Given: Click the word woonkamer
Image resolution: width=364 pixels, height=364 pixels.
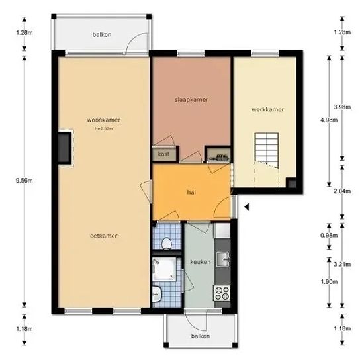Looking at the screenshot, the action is click(x=103, y=120).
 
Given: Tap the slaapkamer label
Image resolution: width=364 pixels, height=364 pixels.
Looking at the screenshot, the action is click(x=191, y=99).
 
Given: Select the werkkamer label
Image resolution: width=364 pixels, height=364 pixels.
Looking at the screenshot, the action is click(x=267, y=109).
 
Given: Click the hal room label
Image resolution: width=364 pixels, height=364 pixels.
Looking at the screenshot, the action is click(x=191, y=192).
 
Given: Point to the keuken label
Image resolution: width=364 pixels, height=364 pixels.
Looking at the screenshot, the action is click(x=201, y=262).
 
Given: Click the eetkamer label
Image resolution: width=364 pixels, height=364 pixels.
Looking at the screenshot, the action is click(x=103, y=236).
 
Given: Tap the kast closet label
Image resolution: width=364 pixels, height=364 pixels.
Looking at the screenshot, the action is click(x=163, y=154).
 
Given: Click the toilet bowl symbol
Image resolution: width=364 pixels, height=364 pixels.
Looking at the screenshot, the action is click(x=166, y=243).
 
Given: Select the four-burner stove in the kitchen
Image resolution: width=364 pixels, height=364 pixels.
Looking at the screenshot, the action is click(x=222, y=293).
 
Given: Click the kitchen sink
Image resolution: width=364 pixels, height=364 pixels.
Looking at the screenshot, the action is click(x=222, y=259).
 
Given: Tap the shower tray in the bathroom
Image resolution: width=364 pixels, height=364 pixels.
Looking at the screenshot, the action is click(x=164, y=269).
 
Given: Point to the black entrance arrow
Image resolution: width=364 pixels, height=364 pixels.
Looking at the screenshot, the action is click(x=247, y=206).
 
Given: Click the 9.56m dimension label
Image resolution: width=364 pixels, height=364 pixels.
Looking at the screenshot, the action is click(x=24, y=181).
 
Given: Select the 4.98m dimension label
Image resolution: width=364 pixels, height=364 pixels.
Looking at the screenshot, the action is click(x=329, y=120).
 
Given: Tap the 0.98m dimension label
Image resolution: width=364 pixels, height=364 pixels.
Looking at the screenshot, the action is click(x=329, y=236).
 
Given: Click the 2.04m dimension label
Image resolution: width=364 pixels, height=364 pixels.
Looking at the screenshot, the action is click(x=342, y=191).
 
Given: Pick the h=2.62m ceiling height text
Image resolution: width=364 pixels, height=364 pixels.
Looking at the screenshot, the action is click(x=104, y=128).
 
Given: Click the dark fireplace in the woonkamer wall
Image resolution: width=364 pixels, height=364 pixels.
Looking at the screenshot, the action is click(x=64, y=148).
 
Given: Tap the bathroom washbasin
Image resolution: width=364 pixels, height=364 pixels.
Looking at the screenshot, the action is click(x=157, y=294).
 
